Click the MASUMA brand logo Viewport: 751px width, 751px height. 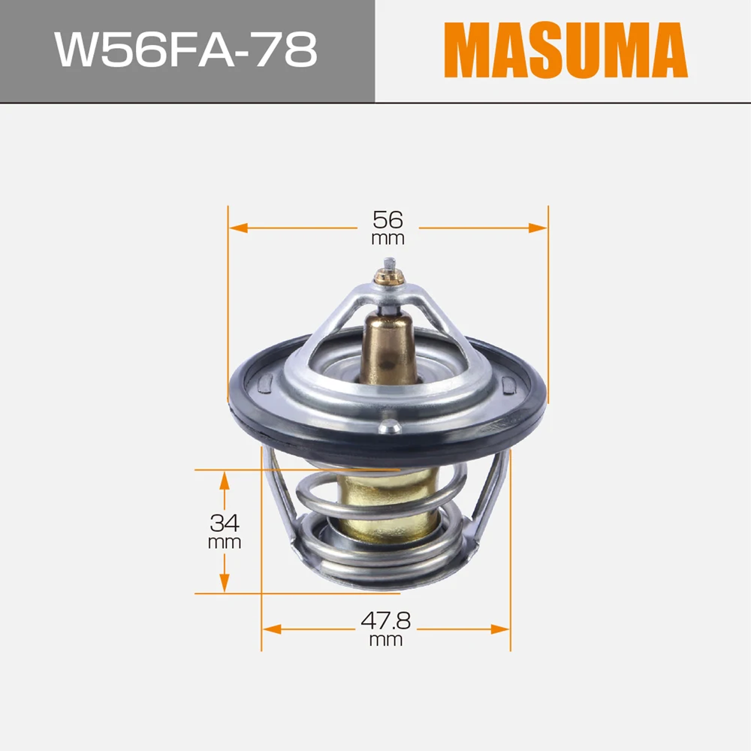pyautogui.click(x=566, y=50)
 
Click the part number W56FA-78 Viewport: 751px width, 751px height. pyautogui.click(x=185, y=50)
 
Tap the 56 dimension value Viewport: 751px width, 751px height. pyautogui.click(x=388, y=220)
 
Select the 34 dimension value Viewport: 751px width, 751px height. pyautogui.click(x=224, y=523)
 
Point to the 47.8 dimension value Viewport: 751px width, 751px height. pyautogui.click(x=385, y=621)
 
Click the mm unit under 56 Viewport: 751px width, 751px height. pyautogui.click(x=388, y=238)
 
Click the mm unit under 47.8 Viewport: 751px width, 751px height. pyautogui.click(x=385, y=639)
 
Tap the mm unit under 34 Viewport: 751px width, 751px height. pyautogui.click(x=224, y=542)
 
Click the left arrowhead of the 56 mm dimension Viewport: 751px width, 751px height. pyautogui.click(x=238, y=228)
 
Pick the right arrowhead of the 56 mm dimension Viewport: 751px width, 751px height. pyautogui.click(x=538, y=228)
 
